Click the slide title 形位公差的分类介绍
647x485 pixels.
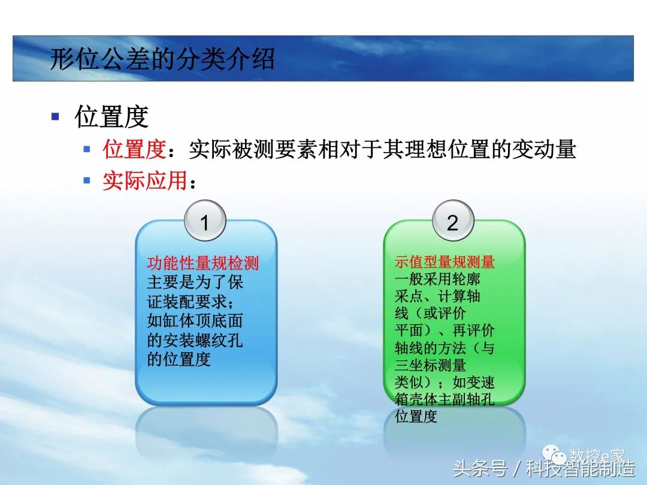(162, 59)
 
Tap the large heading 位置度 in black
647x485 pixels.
(111, 116)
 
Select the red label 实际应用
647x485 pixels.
(144, 180)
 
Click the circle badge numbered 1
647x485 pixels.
(205, 222)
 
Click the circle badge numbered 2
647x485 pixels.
(452, 222)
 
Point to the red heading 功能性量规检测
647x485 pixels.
(203, 263)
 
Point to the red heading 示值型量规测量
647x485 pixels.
(445, 262)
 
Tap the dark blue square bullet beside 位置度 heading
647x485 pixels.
(56, 116)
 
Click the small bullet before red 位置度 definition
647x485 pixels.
(87, 149)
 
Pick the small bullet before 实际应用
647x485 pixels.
(87, 180)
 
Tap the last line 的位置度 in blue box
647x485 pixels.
(179, 359)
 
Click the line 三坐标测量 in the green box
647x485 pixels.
(430, 365)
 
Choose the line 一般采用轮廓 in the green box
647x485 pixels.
(437, 279)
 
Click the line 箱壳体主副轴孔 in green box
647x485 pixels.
(445, 399)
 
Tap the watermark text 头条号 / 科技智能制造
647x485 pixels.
(544, 468)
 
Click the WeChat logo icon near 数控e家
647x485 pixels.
(558, 456)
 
